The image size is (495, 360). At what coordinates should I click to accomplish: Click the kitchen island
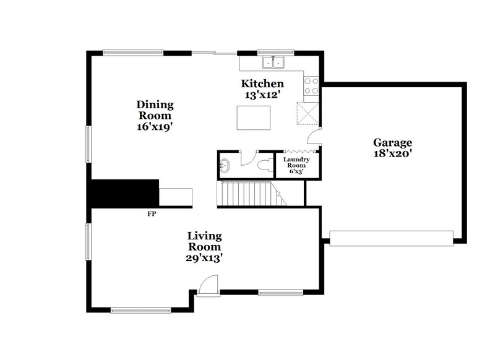coord(255,118)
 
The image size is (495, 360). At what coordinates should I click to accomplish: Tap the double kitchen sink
coord(272,61)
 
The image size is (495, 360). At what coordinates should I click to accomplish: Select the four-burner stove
coord(311,85)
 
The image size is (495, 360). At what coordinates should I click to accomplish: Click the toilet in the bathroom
coord(265,165)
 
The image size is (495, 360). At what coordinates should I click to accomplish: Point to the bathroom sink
coord(224,165)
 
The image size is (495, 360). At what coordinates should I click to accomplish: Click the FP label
coord(151,214)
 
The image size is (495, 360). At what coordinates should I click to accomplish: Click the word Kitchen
coord(262,84)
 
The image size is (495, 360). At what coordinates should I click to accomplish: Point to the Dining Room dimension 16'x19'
coord(155,127)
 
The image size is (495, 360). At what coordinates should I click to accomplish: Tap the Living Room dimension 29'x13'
coord(205,258)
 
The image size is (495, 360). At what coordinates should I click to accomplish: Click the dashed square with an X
coord(308,113)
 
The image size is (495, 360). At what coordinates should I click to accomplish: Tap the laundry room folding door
coord(299,151)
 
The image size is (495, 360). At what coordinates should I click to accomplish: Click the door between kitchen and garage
coord(316,135)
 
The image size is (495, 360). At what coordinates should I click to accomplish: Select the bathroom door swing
coord(247,158)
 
